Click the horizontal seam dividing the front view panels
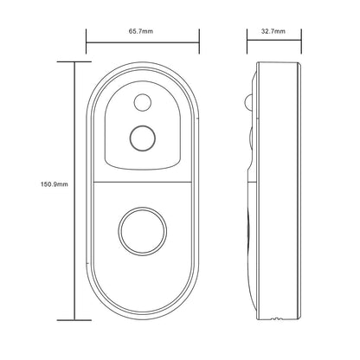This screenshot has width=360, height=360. (x=141, y=181)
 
